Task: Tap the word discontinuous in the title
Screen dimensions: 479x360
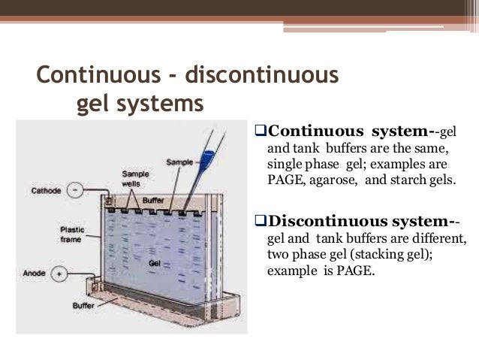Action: (x=258, y=76)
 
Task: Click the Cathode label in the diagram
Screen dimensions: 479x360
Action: (x=47, y=191)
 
